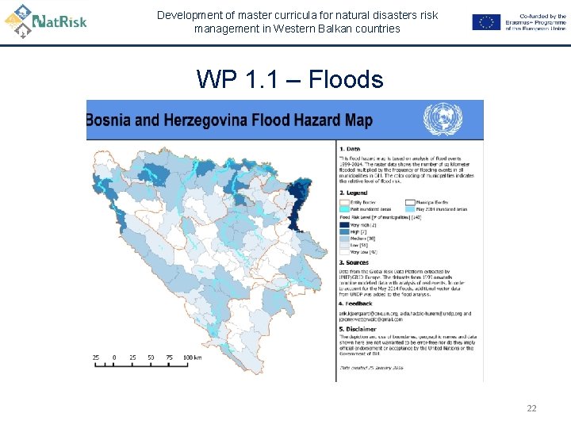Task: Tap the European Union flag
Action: coord(486,22)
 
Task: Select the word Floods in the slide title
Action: coord(345,79)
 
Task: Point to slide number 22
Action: coord(531,408)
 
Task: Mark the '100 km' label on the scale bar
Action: coord(192,357)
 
